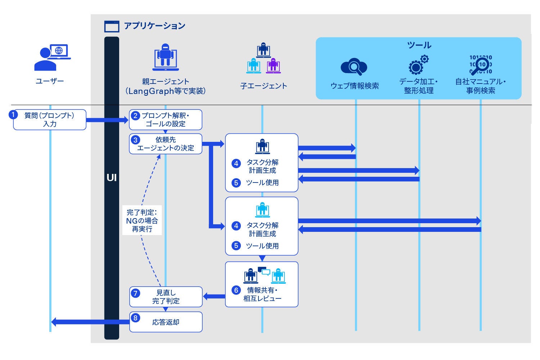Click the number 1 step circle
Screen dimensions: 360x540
pos(13,115)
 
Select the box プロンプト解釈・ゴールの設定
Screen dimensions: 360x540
pos(166,120)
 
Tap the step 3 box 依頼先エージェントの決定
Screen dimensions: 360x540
pos(166,144)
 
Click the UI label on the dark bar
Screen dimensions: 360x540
pos(112,177)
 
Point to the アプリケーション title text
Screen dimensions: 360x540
pos(154,26)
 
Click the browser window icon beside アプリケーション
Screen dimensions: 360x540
pos(112,27)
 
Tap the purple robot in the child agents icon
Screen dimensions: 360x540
pos(273,66)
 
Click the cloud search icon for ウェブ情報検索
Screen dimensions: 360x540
pos(354,67)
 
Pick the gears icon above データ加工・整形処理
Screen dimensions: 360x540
pos(419,65)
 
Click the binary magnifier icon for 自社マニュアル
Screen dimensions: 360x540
pos(481,65)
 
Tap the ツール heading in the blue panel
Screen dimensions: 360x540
pos(419,45)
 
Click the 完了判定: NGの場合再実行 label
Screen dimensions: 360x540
pos(142,220)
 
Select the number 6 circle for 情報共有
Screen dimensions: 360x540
pos(236,290)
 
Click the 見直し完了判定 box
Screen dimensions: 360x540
pos(166,297)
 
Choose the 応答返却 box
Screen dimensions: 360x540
pos(166,322)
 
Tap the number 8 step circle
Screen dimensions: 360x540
pos(135,318)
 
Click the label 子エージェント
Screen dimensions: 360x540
pos(264,86)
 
